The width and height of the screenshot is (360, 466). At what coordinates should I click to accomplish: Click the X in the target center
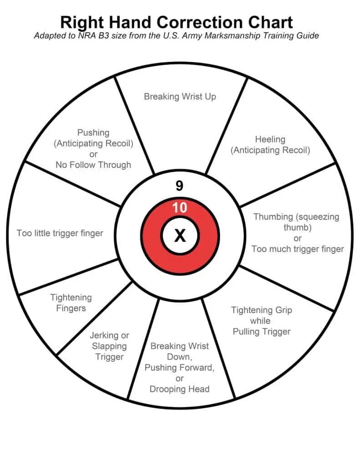click(x=180, y=236)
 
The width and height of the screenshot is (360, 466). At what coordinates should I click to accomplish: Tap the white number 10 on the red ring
click(x=180, y=208)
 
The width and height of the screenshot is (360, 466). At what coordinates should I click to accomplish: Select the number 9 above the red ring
click(x=180, y=186)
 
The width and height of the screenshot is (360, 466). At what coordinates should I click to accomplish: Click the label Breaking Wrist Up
click(x=180, y=96)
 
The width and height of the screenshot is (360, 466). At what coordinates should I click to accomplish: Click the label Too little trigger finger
click(x=60, y=233)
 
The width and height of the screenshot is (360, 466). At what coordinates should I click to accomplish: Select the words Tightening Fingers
click(x=71, y=303)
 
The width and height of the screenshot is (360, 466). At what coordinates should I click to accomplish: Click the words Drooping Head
click(x=179, y=389)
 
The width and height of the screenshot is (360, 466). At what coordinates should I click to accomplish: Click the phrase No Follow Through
click(x=93, y=165)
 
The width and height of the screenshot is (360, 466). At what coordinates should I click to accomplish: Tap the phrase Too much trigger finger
click(x=298, y=248)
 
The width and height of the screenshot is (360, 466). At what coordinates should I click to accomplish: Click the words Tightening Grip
click(x=261, y=310)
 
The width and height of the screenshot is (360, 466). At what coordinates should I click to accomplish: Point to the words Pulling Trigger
click(x=261, y=331)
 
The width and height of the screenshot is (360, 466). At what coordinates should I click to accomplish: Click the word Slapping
click(x=109, y=346)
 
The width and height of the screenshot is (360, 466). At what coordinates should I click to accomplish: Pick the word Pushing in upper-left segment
click(x=93, y=132)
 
